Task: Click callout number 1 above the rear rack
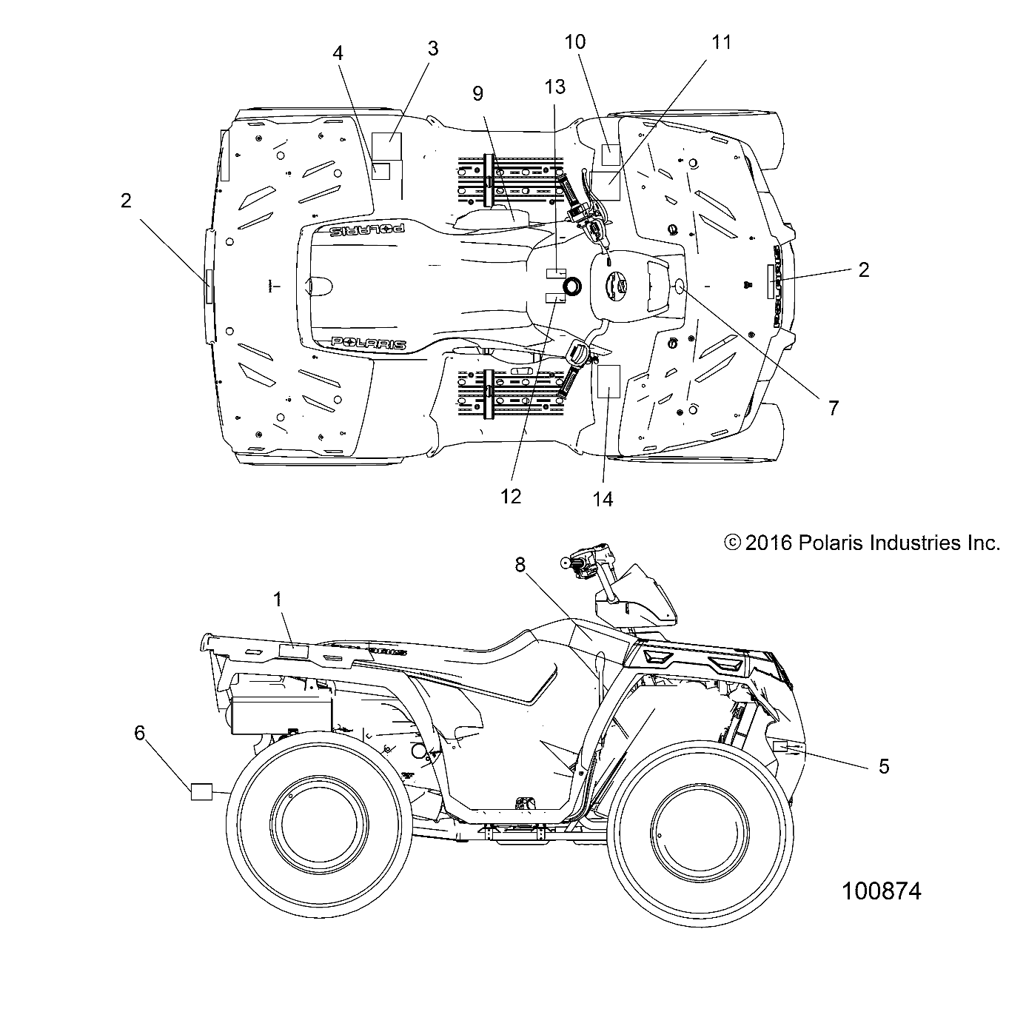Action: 278,600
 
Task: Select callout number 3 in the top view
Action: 433,48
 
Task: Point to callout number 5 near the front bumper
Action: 883,766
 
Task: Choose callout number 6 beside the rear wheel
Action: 139,733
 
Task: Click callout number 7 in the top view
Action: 833,407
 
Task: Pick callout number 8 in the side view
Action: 541,565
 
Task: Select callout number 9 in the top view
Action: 477,93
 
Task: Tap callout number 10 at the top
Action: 575,41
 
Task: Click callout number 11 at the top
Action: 721,42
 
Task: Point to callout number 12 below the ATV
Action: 511,496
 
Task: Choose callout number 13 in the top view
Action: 554,87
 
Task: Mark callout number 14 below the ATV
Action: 603,499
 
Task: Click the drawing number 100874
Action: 881,891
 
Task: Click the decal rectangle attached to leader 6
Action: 201,791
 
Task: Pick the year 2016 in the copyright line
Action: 768,543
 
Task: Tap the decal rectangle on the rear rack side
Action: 292,651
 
